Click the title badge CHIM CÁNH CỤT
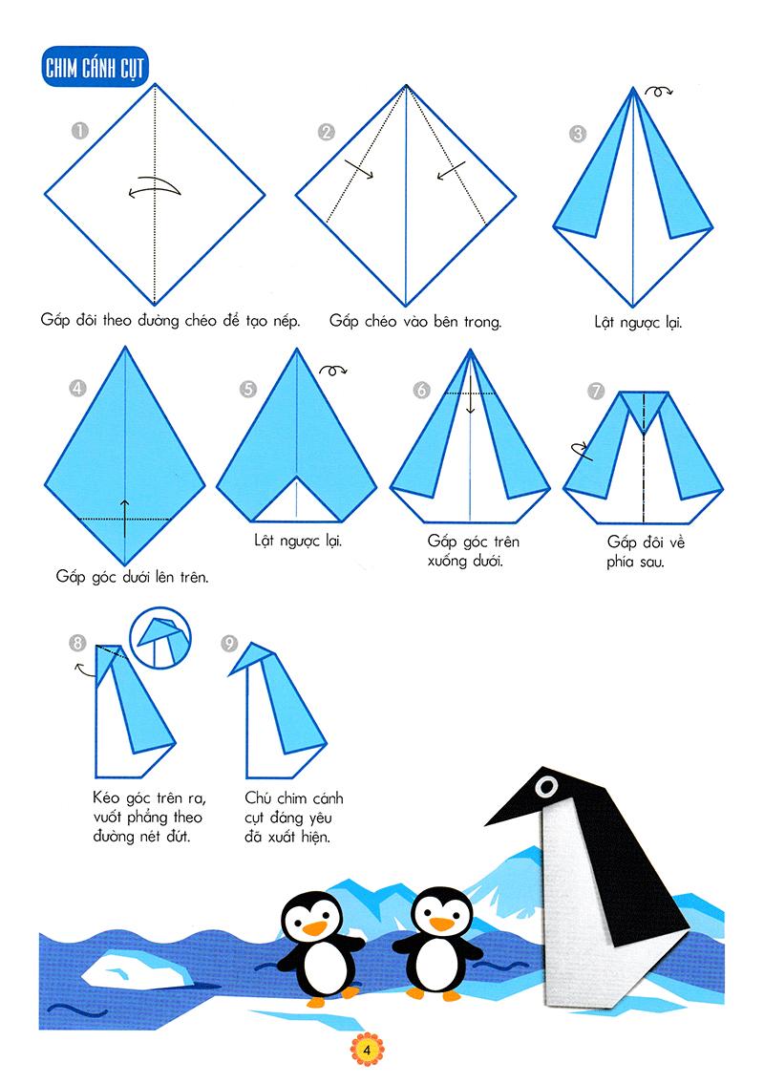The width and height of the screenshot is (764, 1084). click(95, 67)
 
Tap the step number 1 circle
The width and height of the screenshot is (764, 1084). click(80, 130)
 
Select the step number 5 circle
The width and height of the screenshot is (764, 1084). click(248, 390)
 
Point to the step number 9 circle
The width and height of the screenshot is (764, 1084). click(229, 645)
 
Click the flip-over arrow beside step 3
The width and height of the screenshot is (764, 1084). click(658, 91)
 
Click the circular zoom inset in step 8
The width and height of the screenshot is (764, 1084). click(160, 637)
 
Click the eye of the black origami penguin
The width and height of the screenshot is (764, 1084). click(547, 786)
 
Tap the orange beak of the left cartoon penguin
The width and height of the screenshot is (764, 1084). click(314, 927)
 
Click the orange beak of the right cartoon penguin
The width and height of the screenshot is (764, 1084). click(441, 924)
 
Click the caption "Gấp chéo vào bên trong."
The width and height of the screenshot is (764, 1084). click(415, 322)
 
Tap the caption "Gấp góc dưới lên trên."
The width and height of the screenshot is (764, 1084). click(132, 577)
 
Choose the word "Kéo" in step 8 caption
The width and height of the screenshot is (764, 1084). click(106, 797)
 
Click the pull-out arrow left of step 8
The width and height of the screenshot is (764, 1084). click(84, 669)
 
